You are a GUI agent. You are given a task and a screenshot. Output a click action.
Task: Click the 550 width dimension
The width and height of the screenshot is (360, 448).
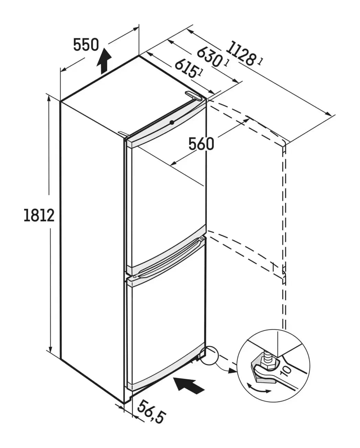tap(86, 45)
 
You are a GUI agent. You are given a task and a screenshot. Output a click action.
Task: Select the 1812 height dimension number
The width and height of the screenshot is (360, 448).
tap(39, 215)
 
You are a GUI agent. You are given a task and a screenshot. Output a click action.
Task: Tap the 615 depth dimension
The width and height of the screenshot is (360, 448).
tap(186, 68)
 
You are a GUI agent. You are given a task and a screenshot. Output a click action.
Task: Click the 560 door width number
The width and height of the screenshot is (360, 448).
tap(201, 143)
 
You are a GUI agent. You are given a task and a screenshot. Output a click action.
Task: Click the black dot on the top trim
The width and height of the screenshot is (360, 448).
tap(172, 122)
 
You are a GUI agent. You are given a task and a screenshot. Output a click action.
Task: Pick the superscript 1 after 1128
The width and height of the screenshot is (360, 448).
tap(261, 62)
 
